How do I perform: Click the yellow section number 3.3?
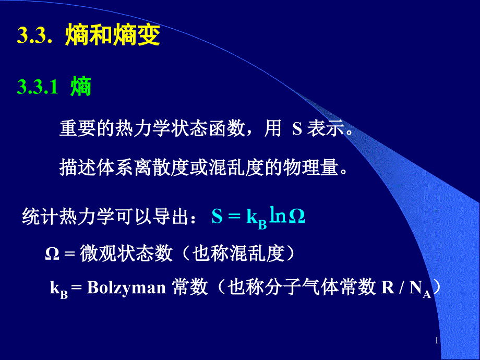34,35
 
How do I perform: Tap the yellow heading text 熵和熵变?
113,35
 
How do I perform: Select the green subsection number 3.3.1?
38,87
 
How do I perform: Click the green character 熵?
81,87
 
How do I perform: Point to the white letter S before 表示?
297,129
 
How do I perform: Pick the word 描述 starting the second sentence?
77,167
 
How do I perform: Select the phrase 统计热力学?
68,217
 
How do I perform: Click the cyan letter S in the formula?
217,216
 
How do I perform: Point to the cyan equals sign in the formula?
234,217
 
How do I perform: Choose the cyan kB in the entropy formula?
257,219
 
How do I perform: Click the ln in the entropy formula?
278,214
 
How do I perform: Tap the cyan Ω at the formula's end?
297,216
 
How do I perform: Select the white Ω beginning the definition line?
52,254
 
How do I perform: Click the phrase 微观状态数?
126,254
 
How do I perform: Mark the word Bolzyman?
126,288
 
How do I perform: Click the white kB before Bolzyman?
59,289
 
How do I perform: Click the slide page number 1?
437,340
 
